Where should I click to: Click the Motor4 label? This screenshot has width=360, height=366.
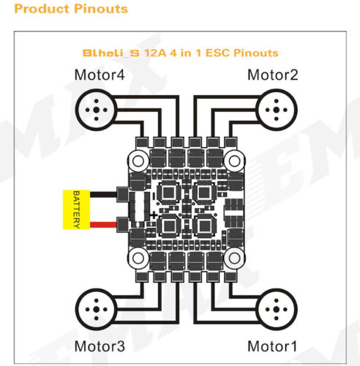100,75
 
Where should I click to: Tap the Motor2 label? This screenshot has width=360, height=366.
273,75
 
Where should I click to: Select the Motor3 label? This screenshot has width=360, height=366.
100,346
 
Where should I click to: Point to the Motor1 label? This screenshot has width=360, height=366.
272,346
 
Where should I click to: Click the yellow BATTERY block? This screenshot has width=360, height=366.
76,209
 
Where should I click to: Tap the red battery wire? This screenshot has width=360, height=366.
103,225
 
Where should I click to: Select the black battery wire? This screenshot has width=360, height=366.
103,195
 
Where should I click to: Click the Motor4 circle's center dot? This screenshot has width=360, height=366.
97,110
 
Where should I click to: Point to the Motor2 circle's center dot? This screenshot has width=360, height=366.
276,110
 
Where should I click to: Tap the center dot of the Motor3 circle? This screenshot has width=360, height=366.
97,310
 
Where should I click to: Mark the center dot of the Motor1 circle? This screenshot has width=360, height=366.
276,310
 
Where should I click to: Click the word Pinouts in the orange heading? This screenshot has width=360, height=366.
101,9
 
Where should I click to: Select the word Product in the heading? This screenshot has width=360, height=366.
42,9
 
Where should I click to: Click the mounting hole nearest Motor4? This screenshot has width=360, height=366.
138,161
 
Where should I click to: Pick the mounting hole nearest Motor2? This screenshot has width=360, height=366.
234,161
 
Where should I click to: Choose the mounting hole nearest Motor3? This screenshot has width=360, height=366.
138,258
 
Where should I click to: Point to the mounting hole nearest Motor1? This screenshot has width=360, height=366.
234,258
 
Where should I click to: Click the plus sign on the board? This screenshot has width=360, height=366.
154,215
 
